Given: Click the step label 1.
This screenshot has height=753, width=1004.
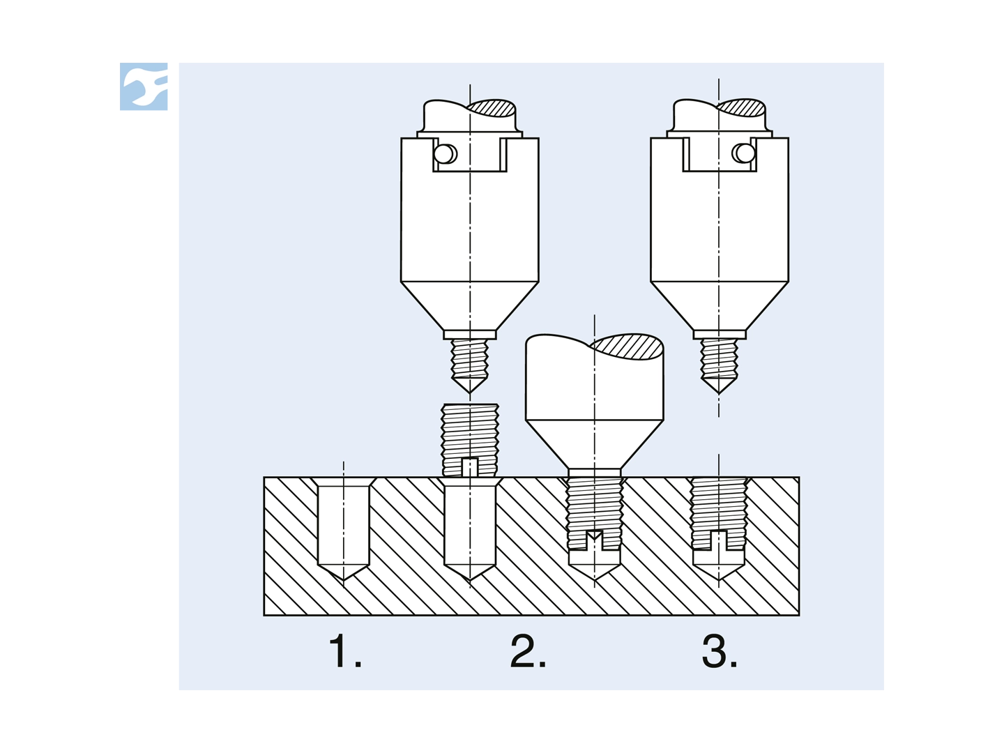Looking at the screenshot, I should click(345, 651).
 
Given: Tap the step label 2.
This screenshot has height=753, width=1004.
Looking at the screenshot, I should click(528, 651).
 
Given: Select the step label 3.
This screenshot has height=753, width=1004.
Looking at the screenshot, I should click(720, 651).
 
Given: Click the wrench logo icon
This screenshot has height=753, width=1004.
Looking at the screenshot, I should click(146, 86).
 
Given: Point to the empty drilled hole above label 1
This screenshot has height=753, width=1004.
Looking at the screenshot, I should click(343, 523).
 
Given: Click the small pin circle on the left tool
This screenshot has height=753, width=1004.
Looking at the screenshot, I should click(444, 153).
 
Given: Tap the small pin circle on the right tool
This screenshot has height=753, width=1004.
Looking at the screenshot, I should click(744, 153).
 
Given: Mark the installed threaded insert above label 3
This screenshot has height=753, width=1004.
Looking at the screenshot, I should click(719, 512).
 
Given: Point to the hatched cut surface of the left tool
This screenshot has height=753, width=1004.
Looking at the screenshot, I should click(492, 107).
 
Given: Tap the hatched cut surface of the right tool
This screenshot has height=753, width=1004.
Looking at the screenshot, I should click(741, 107).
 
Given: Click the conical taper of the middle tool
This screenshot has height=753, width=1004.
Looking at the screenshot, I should click(594, 443).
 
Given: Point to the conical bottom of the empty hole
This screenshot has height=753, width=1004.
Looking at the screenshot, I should click(343, 571).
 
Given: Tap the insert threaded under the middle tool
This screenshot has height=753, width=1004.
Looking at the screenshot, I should click(594, 509).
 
